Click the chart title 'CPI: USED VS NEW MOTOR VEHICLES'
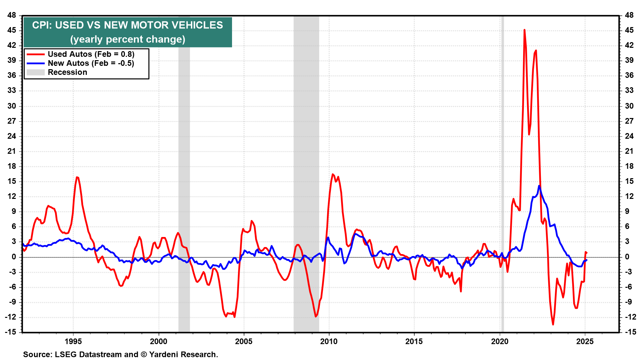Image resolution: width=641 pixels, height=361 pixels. pyautogui.click(x=128, y=25)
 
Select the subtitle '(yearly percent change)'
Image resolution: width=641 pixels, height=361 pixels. pyautogui.click(x=128, y=39)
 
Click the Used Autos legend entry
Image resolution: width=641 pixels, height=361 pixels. pyautogui.click(x=91, y=54)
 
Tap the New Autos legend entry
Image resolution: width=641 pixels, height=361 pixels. pyautogui.click(x=91, y=63)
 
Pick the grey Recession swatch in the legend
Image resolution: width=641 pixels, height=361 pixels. pyautogui.click(x=35, y=72)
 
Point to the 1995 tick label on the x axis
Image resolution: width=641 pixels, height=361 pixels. pyautogui.click(x=73, y=341)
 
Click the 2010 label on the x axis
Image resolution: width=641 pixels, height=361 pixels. pyautogui.click(x=329, y=341)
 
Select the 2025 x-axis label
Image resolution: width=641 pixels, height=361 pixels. pyautogui.click(x=585, y=341)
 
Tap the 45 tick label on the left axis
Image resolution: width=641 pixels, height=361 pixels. pyautogui.click(x=12, y=30)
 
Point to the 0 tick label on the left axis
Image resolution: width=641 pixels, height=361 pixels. pyautogui.click(x=14, y=257)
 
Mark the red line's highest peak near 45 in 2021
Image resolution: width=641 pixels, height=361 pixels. pyautogui.click(x=524, y=30)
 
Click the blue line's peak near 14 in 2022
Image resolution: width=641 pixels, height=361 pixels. pyautogui.click(x=539, y=186)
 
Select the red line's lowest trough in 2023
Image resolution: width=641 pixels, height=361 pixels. pyautogui.click(x=553, y=324)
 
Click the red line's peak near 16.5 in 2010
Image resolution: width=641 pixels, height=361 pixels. pyautogui.click(x=333, y=174)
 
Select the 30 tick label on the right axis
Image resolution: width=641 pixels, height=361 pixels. pyautogui.click(x=629, y=106)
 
